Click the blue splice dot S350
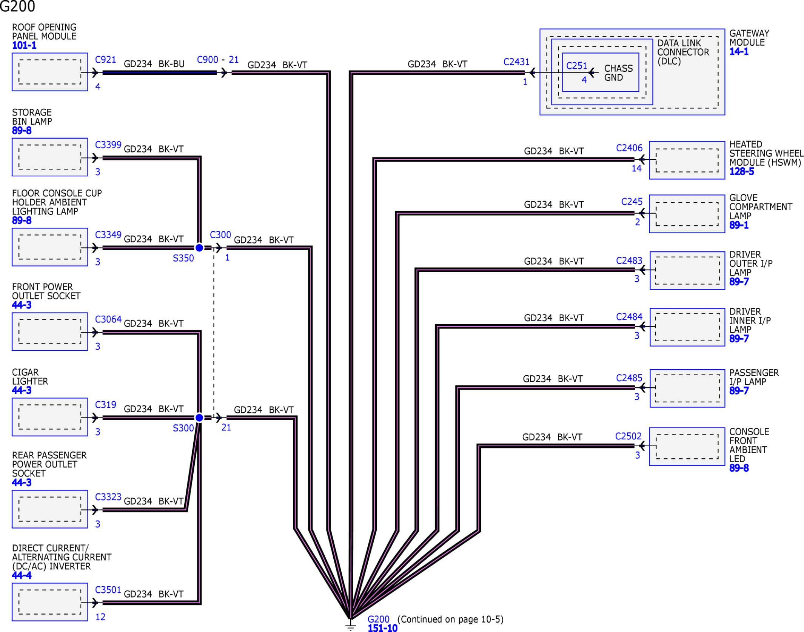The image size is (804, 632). pos(199,248)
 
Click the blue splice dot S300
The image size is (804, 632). pos(199,418)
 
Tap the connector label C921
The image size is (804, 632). pos(105,60)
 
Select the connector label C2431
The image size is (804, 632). pos(516,62)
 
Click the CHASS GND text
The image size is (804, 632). pos(618,73)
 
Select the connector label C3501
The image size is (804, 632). pos(108,590)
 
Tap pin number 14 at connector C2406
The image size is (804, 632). pos(636,168)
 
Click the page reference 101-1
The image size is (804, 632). pos(24,45)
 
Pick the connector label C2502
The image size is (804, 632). pos(628,436)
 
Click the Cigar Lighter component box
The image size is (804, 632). pos(50,417)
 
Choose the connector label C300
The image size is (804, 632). pos(220,235)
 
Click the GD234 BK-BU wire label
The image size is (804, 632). pos(154,64)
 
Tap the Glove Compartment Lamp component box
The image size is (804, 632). pos(687,214)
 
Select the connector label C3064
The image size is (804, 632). pos(108,319)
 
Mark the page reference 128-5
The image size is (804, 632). pos(741,171)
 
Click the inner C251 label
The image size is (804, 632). pos(576,66)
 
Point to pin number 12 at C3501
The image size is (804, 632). pos(100,617)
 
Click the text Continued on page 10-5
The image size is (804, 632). pos(450,619)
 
